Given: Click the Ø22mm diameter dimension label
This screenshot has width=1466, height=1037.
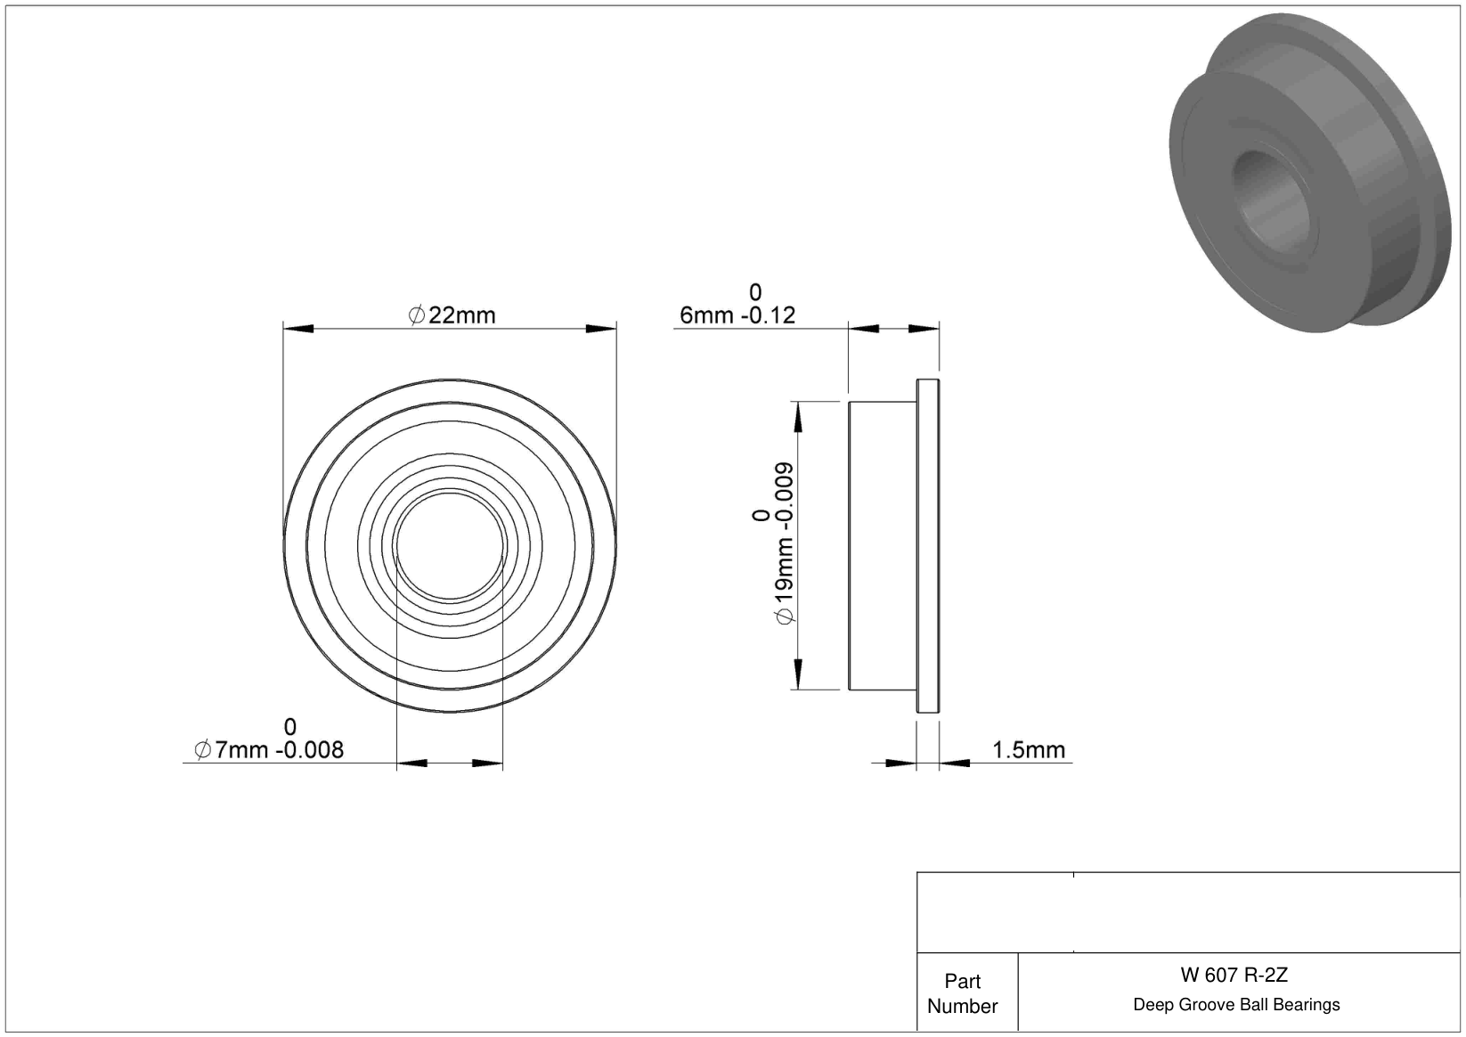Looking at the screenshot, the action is click(x=452, y=315).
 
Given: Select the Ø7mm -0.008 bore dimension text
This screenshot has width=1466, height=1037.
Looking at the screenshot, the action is click(x=268, y=749).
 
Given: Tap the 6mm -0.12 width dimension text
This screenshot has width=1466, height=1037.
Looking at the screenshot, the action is click(x=737, y=315).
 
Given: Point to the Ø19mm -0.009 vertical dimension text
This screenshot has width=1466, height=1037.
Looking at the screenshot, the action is click(x=784, y=543).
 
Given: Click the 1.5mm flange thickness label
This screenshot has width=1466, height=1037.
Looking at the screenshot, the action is click(x=1029, y=749).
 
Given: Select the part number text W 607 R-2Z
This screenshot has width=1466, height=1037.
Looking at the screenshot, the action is click(x=1234, y=975).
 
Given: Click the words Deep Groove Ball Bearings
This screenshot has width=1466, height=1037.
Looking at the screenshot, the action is click(x=1236, y=1004).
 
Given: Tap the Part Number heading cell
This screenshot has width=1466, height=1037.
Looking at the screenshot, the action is click(x=962, y=993).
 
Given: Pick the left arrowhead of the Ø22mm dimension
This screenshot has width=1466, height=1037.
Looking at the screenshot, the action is click(x=297, y=328).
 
